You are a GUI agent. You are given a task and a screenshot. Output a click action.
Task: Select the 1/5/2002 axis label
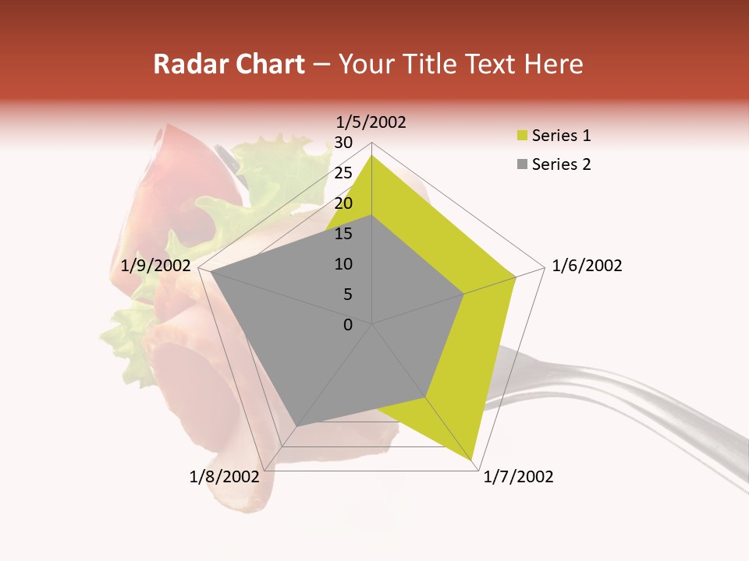click(371, 122)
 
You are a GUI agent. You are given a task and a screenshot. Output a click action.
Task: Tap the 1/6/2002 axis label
click(587, 266)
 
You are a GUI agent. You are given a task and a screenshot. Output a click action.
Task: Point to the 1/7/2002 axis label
click(518, 477)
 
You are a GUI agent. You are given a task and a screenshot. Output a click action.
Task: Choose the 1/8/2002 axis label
click(224, 477)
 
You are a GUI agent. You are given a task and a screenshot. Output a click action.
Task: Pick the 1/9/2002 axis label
click(156, 266)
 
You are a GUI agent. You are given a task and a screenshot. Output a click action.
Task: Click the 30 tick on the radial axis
click(343, 143)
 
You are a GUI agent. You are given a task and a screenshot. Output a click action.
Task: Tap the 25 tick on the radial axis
click(343, 173)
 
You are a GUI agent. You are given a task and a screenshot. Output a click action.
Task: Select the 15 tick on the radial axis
click(343, 234)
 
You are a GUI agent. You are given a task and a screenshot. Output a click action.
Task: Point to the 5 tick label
click(347, 295)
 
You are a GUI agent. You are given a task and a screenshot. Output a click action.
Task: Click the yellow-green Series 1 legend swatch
click(522, 136)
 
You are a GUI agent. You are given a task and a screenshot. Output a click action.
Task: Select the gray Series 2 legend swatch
click(522, 164)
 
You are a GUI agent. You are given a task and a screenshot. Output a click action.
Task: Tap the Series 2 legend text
click(561, 164)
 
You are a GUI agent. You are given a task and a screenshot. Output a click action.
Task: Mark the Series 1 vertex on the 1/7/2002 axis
click(474, 460)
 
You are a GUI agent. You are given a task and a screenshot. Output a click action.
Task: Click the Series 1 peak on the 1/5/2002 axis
click(372, 155)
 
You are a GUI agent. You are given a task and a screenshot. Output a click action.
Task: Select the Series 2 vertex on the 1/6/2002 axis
click(464, 294)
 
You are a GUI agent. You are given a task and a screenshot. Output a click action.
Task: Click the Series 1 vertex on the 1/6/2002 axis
click(516, 277)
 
